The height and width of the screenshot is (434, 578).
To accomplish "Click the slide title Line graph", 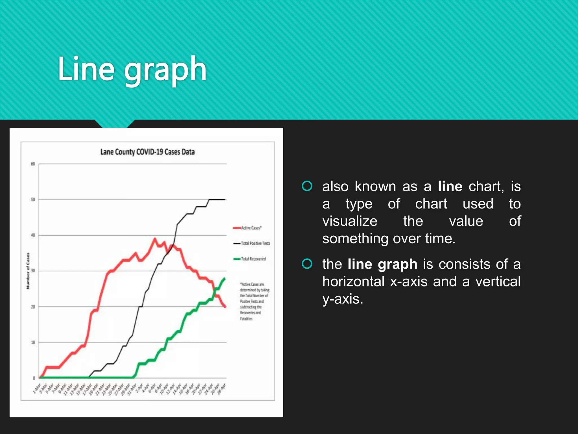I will click(132, 69).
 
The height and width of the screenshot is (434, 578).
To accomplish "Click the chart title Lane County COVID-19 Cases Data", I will click(147, 152).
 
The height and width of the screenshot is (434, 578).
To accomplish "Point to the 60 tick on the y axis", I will click(33, 164).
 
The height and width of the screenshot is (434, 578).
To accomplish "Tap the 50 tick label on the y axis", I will click(33, 199).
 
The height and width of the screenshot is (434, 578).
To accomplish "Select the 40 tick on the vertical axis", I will click(33, 235).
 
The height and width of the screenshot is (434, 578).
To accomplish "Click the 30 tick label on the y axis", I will click(33, 271).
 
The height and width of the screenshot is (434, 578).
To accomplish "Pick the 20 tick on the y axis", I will click(33, 307).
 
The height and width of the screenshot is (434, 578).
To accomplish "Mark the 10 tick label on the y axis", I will click(33, 342).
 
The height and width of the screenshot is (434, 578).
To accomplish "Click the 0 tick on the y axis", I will click(34, 378).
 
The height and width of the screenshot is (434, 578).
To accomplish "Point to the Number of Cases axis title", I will click(28, 271).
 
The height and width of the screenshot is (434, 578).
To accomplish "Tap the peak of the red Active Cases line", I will click(155, 239).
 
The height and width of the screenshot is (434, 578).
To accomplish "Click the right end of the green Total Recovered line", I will click(225, 279).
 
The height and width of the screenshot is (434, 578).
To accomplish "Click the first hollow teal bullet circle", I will click(307, 186).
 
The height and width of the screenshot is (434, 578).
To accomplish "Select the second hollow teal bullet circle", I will click(307, 264).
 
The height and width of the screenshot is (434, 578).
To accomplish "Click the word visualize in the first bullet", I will click(350, 221).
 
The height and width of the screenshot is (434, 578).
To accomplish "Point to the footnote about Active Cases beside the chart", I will click(254, 301).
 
